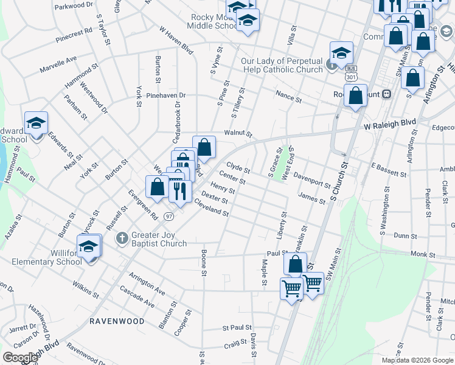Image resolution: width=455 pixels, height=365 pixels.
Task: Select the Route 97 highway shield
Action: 169,216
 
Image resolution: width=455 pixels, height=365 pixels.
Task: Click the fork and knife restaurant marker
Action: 179,192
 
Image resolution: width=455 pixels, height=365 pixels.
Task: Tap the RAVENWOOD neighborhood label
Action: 117,321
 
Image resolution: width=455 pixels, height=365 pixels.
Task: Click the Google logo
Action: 20,358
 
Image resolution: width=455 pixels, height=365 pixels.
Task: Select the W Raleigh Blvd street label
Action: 390,124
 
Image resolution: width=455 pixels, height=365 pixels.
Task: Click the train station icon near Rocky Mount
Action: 386,94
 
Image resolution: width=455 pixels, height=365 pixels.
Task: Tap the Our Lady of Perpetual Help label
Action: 282,65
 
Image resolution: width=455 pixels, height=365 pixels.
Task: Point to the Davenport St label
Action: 312,181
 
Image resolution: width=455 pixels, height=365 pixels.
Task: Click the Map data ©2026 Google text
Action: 417,360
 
